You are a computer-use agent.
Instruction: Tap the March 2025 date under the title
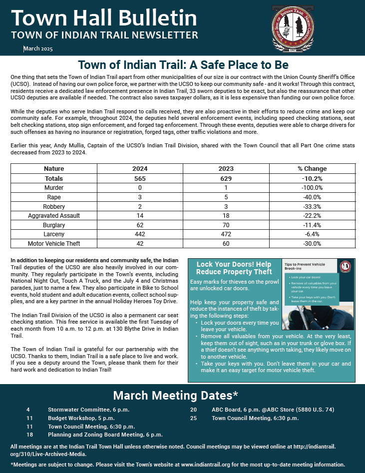(x=38, y=49)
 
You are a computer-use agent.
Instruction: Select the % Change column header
(x=312, y=169)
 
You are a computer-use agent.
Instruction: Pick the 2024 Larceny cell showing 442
(x=140, y=234)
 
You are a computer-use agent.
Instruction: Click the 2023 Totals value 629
(x=226, y=178)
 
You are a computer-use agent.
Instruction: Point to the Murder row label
(x=54, y=187)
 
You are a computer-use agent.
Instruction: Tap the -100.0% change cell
(x=312, y=187)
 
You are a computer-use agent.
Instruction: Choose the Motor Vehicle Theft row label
(x=54, y=244)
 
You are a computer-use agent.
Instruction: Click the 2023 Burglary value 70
(x=226, y=225)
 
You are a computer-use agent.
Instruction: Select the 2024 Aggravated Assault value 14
(x=140, y=216)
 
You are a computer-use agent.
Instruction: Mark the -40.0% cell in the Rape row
(x=312, y=197)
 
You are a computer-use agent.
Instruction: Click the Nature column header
(x=54, y=169)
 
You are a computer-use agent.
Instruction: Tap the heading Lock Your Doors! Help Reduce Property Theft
(x=234, y=268)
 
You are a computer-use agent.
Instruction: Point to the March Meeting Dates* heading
(x=175, y=396)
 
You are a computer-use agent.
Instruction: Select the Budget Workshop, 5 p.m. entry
(x=81, y=418)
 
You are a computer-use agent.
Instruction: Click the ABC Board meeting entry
(x=272, y=410)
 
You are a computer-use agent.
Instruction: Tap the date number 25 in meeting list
(x=193, y=418)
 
